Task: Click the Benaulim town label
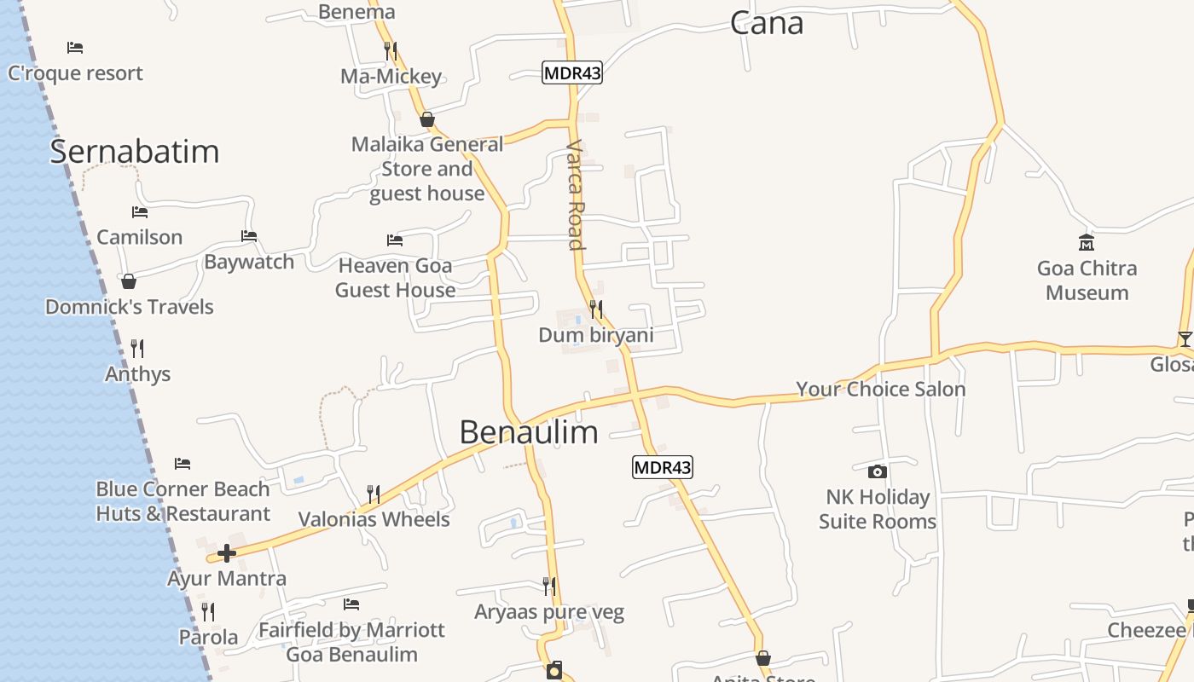[x=529, y=432]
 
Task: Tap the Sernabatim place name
[x=135, y=152]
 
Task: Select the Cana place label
[x=766, y=24]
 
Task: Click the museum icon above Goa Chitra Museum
[x=1087, y=243]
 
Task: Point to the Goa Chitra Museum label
[x=1087, y=280]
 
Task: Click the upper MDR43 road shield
[x=572, y=73]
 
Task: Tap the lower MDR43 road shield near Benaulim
[x=663, y=467]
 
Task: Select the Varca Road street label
[x=576, y=195]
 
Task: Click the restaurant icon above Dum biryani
[x=596, y=309]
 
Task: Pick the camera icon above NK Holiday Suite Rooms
[x=877, y=471]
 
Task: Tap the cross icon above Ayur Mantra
[x=226, y=553]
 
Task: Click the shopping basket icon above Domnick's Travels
[x=129, y=281]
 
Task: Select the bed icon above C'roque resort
[x=75, y=48]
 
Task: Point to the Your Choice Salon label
[x=880, y=390]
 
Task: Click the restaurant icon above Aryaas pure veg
[x=549, y=587]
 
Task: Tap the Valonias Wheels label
[x=374, y=519]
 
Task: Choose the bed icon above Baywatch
[x=249, y=236]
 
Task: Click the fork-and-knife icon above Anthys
[x=137, y=348]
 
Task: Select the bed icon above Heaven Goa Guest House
[x=394, y=240]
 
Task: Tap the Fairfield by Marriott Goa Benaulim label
[x=351, y=642]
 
